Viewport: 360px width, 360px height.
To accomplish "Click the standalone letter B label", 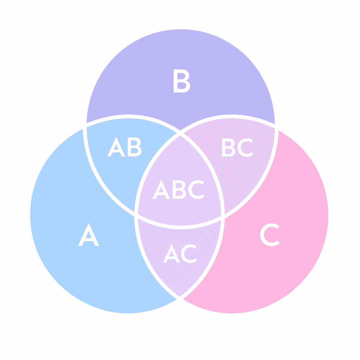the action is coord(182,81).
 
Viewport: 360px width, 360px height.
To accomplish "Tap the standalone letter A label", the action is coord(89,234).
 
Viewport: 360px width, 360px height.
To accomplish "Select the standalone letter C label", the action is coord(270,234).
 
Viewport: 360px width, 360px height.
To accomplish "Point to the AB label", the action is coord(124,147).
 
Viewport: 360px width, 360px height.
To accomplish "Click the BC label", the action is coord(238,147).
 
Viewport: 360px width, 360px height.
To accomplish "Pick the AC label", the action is coord(180,253).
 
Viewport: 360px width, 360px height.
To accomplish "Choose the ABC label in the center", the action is coord(178,189).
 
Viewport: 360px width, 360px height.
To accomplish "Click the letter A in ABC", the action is coord(161,189).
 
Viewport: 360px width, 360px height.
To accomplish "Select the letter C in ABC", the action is coord(196,189).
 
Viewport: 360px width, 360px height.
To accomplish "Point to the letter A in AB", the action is coord(116,147).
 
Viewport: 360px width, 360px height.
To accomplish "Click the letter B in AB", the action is coord(135,147).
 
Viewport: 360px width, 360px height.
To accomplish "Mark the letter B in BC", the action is coord(229,147).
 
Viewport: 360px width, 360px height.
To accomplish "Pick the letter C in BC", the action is coord(245,147).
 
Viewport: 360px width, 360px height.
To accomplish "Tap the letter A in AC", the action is coord(172,253).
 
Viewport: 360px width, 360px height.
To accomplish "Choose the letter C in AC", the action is coord(189,253).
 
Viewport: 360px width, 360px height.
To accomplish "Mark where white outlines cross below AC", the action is coord(180,298).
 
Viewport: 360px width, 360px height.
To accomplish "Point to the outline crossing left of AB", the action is coord(84,126).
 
